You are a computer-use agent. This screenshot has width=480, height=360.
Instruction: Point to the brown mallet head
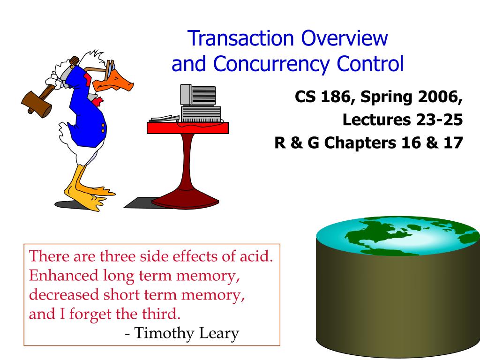[37, 102]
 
